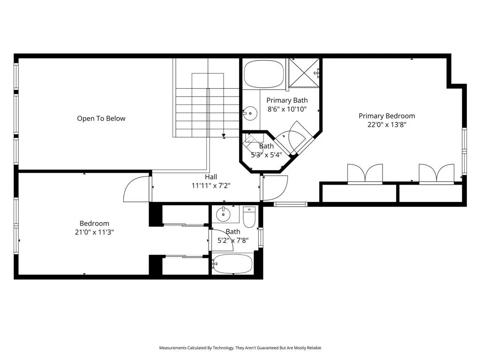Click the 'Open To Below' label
101,119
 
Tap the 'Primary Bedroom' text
387,116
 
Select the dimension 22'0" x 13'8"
387,125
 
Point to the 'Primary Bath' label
287,100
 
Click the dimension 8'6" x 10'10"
287,109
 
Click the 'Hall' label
211,177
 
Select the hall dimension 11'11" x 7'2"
211,185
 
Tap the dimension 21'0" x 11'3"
94,232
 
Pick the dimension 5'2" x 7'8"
233,240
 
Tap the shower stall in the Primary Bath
304,73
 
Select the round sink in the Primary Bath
251,113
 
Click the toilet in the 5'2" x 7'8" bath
248,217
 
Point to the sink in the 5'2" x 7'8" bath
224,215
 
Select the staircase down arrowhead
224,135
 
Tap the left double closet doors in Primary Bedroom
364,173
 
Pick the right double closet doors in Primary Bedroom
436,173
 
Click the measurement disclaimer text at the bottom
240,348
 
